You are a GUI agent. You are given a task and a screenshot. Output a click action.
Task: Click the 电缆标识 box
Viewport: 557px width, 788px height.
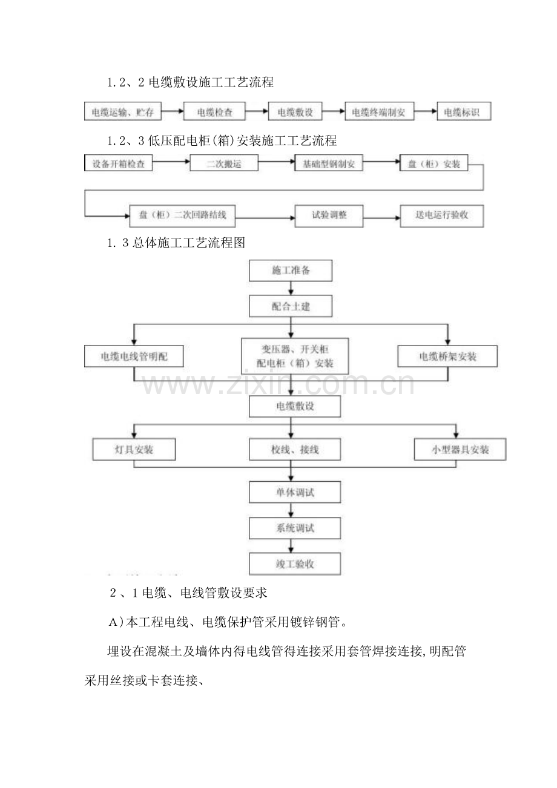pyautogui.click(x=463, y=112)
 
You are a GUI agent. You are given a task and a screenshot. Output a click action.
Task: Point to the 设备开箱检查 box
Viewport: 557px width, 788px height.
pyautogui.click(x=118, y=163)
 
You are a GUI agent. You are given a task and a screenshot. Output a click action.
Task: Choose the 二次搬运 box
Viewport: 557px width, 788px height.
pyautogui.click(x=224, y=163)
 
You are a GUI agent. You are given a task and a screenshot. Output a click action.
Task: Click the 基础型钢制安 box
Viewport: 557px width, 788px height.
pyautogui.click(x=329, y=163)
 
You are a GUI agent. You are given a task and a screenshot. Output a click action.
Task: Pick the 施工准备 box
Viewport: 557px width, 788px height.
pyautogui.click(x=291, y=270)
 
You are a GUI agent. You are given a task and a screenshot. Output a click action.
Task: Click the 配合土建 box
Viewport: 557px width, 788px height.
pyautogui.click(x=291, y=306)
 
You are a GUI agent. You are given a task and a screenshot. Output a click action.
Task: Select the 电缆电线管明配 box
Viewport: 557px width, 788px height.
pyautogui.click(x=134, y=356)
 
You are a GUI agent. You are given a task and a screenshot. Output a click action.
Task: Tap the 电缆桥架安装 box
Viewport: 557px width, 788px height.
pyautogui.click(x=447, y=356)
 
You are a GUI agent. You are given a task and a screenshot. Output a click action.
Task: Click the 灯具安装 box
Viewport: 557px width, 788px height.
pyautogui.click(x=134, y=450)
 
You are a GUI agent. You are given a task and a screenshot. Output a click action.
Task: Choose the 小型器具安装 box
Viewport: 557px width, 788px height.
pyautogui.click(x=460, y=450)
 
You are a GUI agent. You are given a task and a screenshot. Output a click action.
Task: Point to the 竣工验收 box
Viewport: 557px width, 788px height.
pyautogui.click(x=294, y=564)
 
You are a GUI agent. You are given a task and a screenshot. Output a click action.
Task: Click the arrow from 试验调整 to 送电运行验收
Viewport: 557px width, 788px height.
pyautogui.click(x=381, y=216)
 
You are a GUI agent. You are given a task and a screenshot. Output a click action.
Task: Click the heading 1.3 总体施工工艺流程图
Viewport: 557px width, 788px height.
pyautogui.click(x=175, y=243)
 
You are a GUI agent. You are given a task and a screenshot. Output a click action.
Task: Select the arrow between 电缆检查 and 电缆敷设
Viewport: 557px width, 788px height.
pyautogui.click(x=259, y=112)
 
